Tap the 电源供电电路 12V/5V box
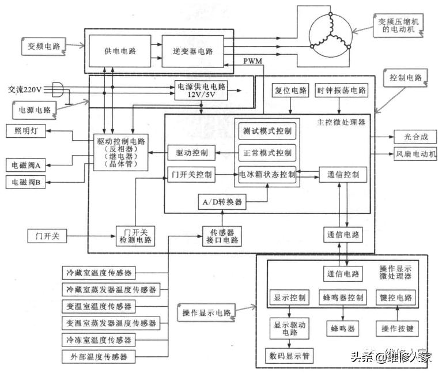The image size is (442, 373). (201, 89)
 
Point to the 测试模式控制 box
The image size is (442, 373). (267, 131)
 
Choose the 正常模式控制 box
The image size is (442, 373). (267, 153)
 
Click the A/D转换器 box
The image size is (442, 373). (222, 202)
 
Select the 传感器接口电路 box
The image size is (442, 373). (222, 234)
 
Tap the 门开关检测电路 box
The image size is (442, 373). (134, 234)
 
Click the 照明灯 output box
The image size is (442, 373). (26, 131)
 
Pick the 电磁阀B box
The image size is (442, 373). (26, 183)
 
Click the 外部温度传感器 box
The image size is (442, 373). (99, 357)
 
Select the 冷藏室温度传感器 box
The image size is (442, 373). (99, 272)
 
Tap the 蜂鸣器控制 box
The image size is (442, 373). (342, 298)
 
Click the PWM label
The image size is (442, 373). (252, 61)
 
